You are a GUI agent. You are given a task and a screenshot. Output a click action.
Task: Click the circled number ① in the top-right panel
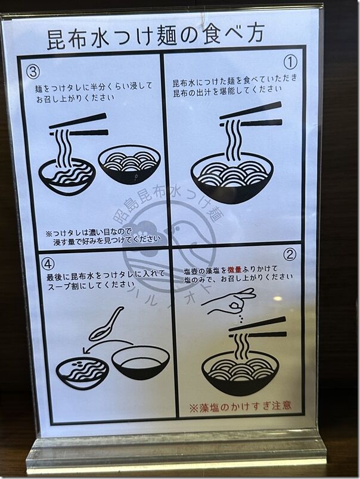[290, 62]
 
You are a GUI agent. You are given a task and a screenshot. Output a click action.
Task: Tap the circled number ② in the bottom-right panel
[290, 254]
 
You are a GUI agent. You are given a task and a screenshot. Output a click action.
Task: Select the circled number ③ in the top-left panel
[33, 71]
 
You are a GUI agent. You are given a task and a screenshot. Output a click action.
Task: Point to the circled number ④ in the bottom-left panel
[48, 265]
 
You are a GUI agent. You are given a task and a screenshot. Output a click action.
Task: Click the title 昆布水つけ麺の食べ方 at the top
[155, 37]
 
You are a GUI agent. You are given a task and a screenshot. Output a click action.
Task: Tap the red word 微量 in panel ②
[234, 269]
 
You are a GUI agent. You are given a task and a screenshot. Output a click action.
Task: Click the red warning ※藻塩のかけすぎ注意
[240, 406]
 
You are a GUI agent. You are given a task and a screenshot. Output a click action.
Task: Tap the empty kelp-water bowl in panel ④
[140, 363]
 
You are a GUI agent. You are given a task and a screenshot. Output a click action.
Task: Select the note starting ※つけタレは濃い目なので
[103, 237]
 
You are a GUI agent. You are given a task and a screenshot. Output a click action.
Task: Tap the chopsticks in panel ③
[79, 126]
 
